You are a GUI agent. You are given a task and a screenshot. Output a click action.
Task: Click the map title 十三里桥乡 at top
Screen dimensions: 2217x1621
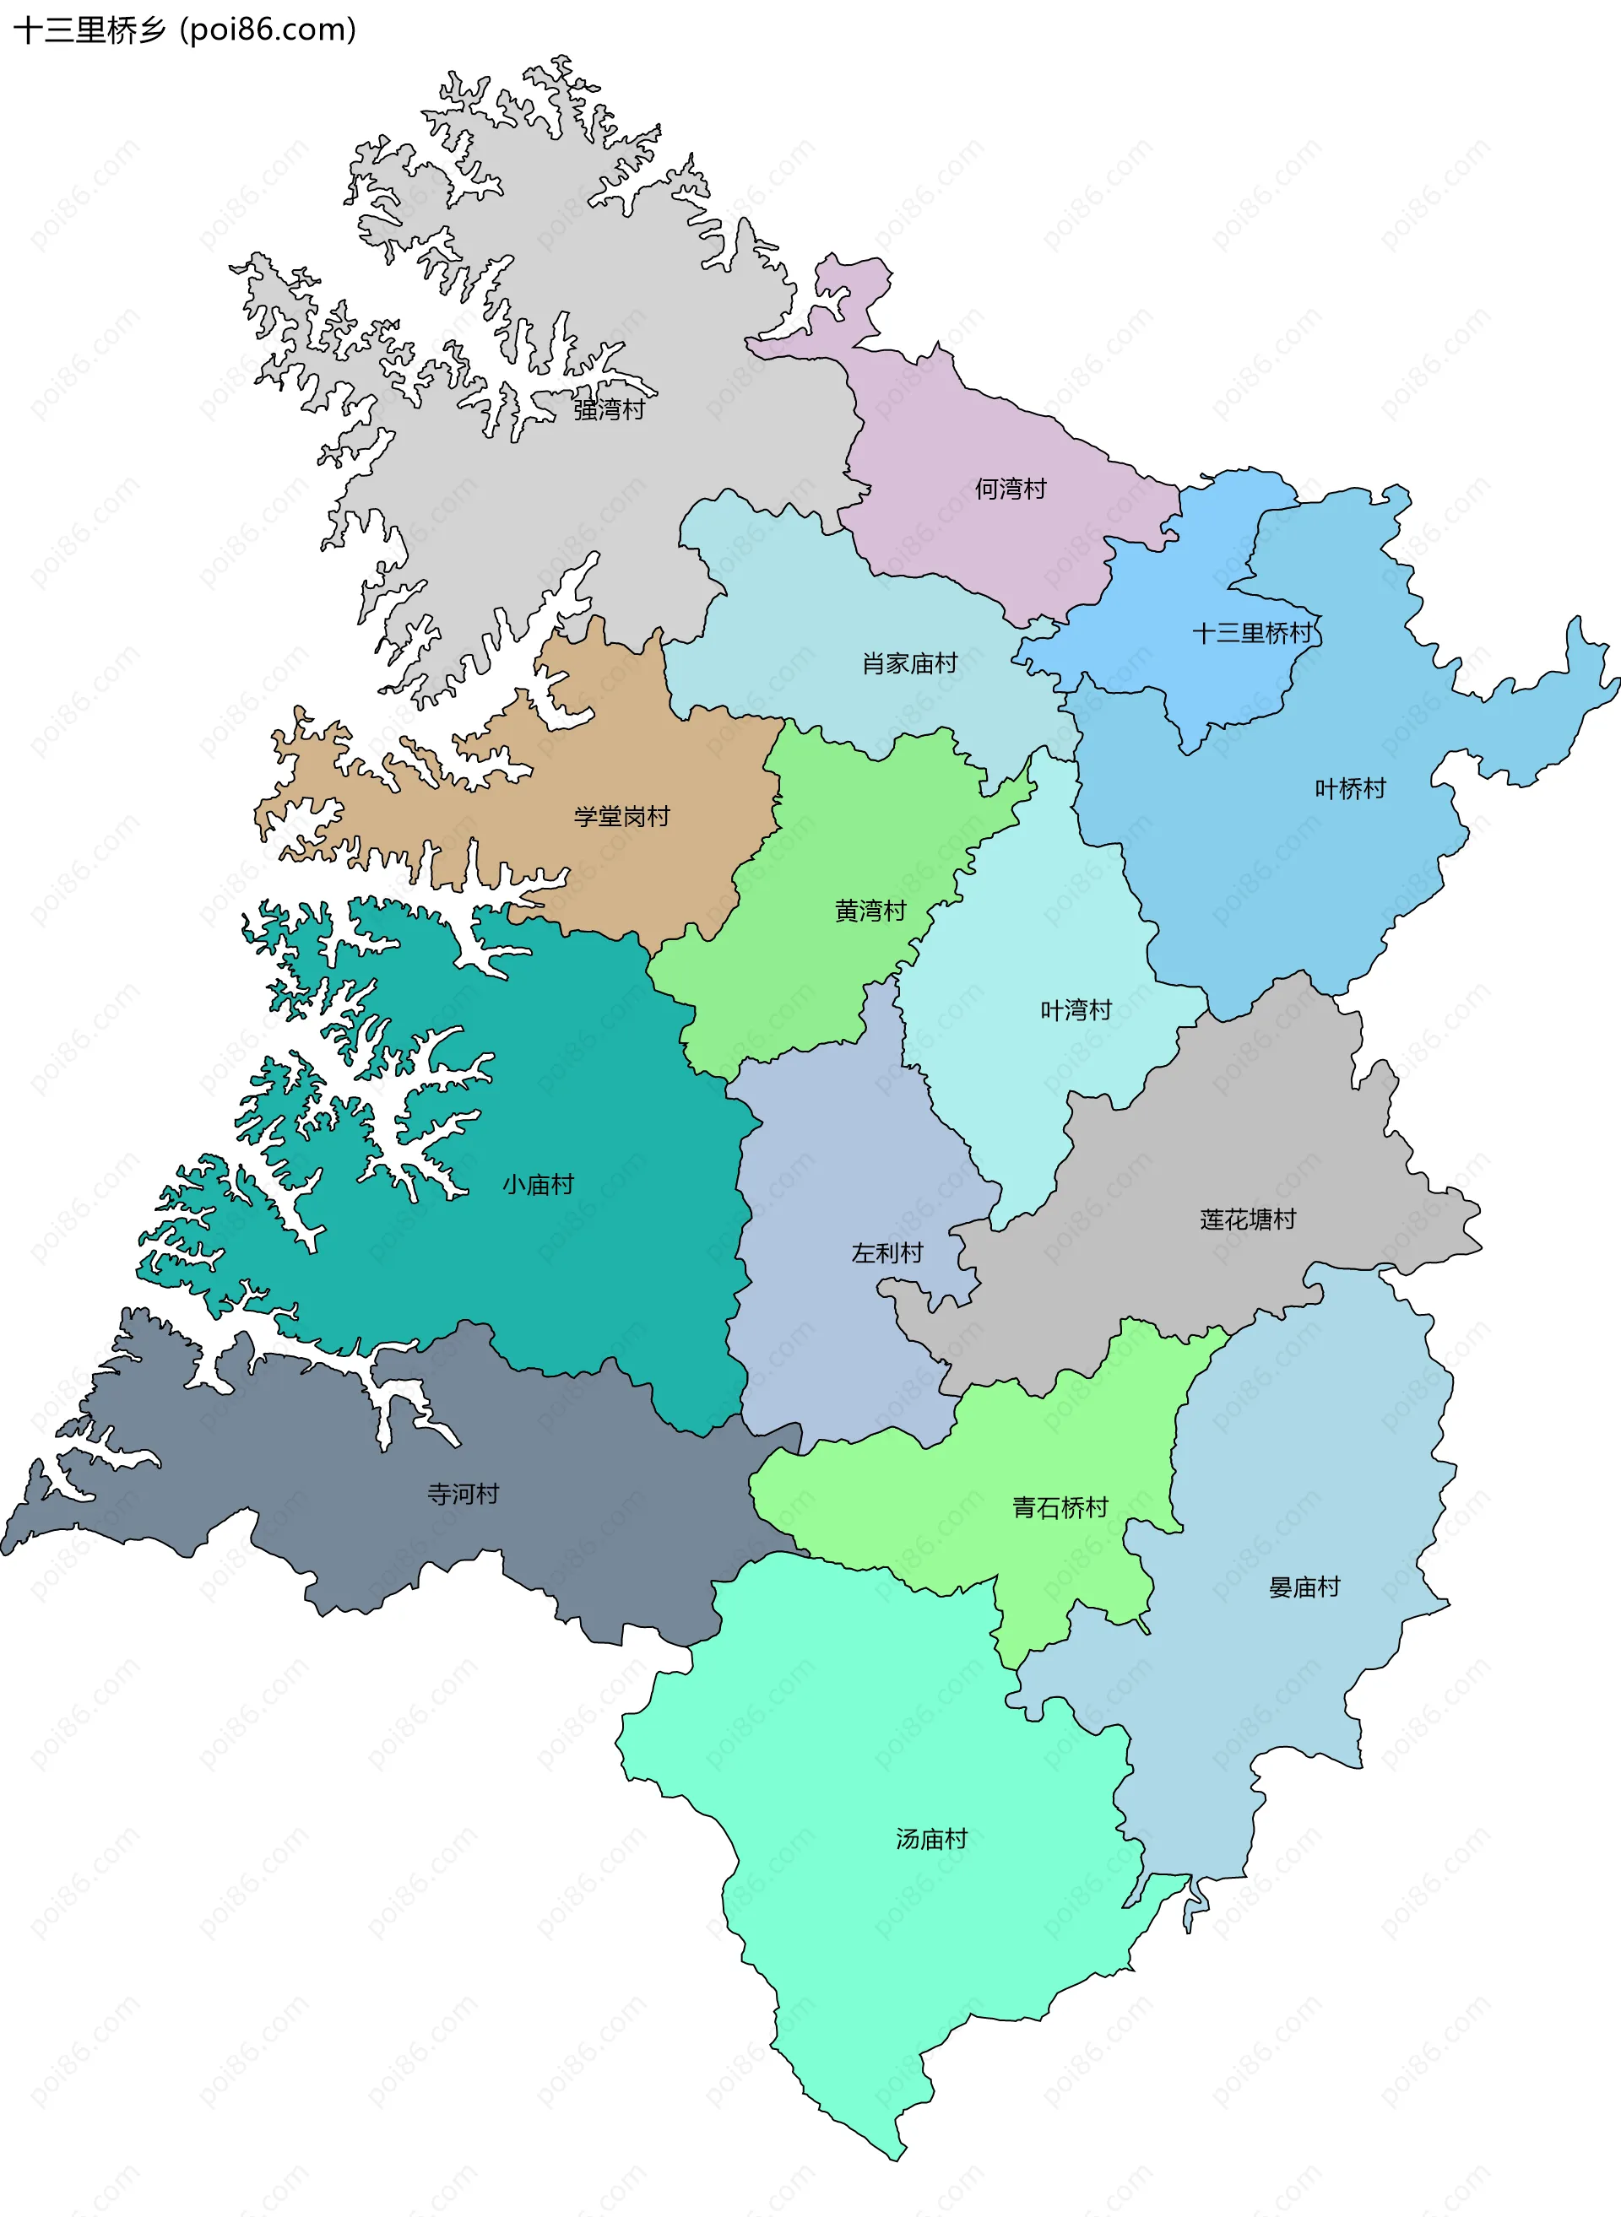[90, 30]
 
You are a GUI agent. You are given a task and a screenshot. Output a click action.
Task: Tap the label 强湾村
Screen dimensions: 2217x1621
[609, 410]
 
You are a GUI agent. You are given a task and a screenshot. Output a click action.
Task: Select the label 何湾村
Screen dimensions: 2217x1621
[1010, 489]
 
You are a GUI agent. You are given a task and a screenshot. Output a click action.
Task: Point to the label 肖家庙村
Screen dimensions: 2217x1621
[908, 664]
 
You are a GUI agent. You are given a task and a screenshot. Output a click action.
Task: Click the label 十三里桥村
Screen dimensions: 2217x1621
[1252, 634]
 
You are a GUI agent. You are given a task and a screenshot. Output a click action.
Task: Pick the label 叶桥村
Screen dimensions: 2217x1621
[1349, 789]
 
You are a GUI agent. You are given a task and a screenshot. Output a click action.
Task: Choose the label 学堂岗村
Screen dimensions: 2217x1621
[621, 816]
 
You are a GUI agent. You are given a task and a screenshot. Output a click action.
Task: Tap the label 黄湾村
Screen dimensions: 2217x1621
[870, 911]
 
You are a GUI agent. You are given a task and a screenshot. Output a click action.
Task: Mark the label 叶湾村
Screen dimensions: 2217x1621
[1076, 1010]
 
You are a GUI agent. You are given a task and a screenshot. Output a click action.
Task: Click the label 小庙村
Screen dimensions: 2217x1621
[538, 1185]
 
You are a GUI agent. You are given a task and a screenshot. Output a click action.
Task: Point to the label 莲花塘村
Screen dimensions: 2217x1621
[1247, 1219]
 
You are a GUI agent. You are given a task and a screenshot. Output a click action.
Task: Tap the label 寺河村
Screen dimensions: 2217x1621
[464, 1494]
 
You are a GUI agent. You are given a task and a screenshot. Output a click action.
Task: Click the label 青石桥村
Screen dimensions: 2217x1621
[1060, 1508]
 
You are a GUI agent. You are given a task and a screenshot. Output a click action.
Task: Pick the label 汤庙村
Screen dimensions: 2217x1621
[931, 1839]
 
